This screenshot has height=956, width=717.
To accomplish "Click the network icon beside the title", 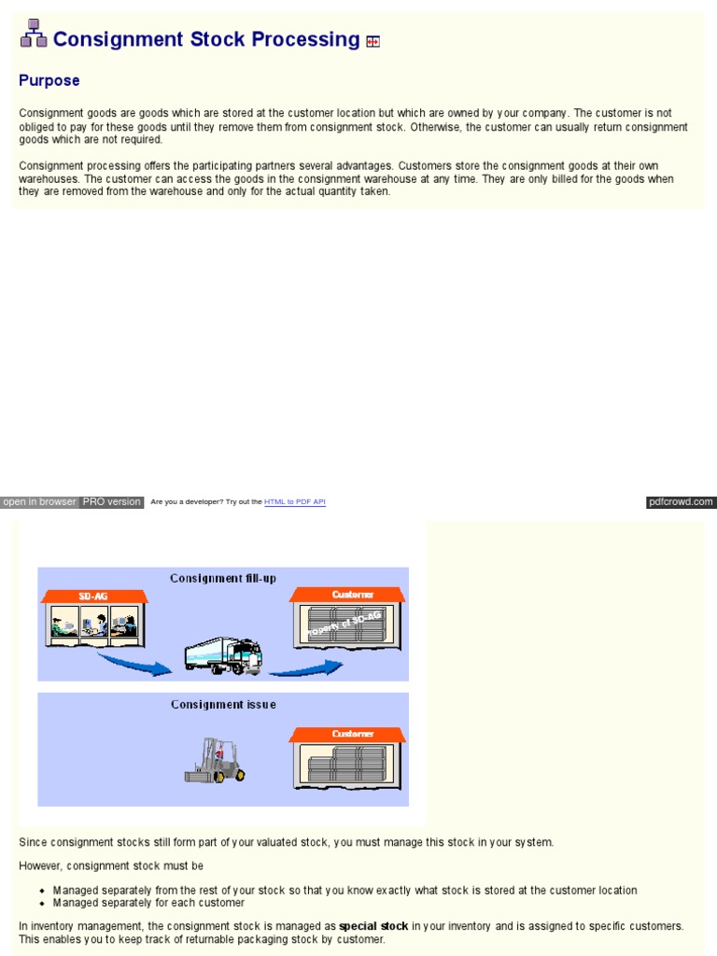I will tap(34, 34).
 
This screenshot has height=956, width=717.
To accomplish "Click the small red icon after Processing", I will tap(373, 41).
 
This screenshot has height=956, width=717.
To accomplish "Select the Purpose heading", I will tap(49, 80).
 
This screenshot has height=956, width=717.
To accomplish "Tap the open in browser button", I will tap(39, 502).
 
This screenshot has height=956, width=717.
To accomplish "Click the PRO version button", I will tap(111, 502).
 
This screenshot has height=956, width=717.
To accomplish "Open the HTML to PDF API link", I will tap(295, 502).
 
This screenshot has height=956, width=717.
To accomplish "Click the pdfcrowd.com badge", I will tap(681, 502).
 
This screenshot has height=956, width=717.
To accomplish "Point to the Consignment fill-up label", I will tap(223, 578).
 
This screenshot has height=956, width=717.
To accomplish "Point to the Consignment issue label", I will tap(223, 705).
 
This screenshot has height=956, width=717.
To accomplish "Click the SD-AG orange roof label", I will tap(94, 596).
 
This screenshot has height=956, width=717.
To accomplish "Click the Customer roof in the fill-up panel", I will tap(346, 595).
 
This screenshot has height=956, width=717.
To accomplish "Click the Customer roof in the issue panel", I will tap(346, 735).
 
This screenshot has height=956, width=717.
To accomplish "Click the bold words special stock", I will tap(373, 926).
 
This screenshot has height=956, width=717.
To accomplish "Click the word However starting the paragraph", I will tap(41, 866).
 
